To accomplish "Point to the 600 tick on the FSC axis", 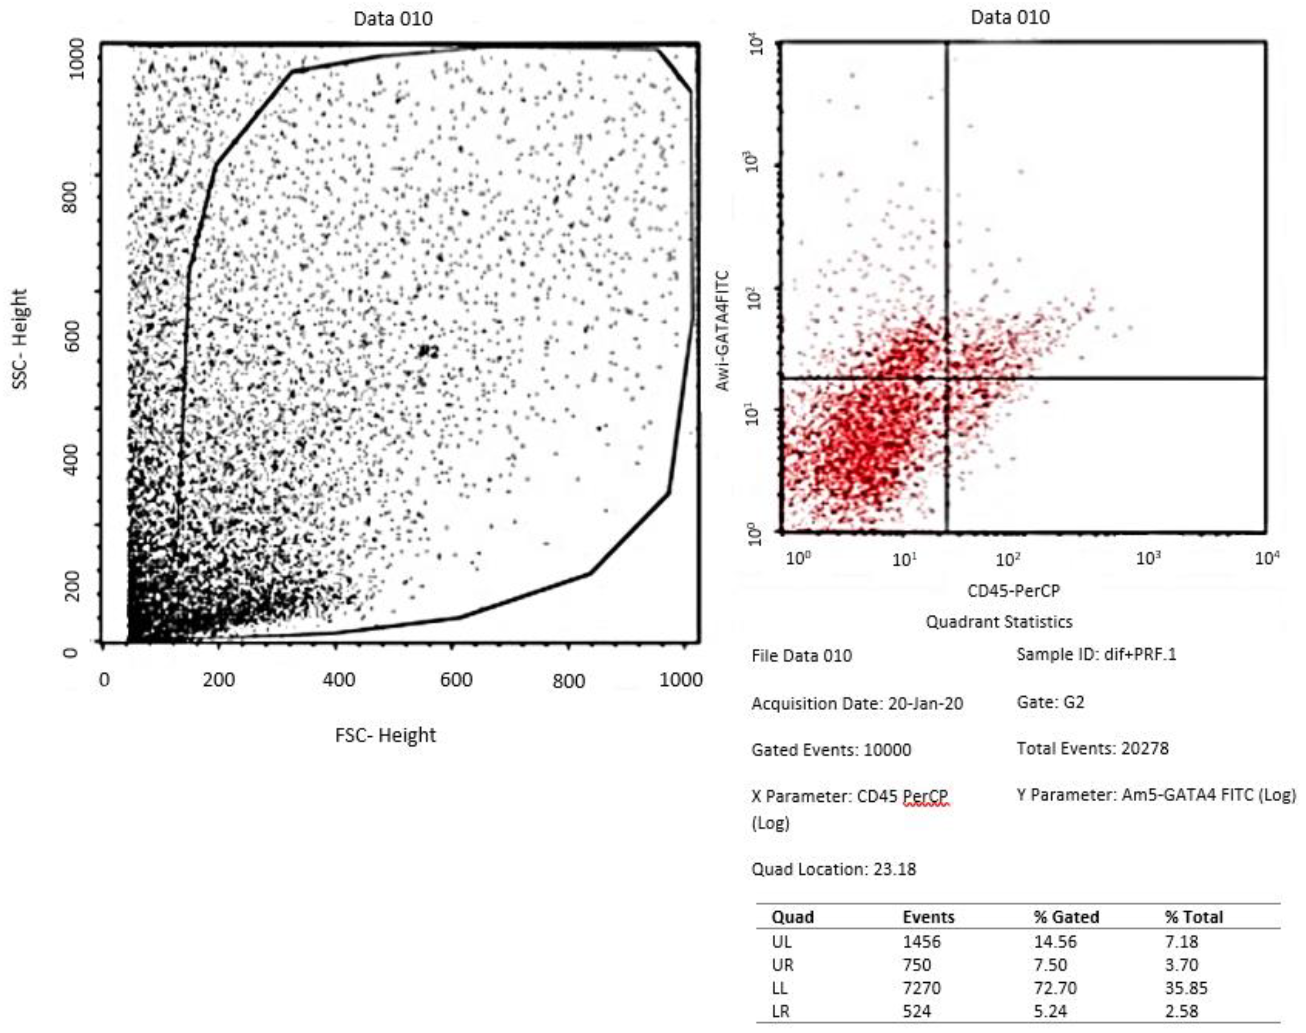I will pyautogui.click(x=456, y=679).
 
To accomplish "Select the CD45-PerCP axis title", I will pyautogui.click(x=1014, y=590).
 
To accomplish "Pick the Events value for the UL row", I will pyautogui.click(x=922, y=942).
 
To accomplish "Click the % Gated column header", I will pyautogui.click(x=1066, y=917).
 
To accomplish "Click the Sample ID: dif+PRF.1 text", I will pyautogui.click(x=1096, y=654).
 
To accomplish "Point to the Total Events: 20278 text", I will pyautogui.click(x=1093, y=749).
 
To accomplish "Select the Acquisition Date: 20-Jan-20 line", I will pyautogui.click(x=857, y=704).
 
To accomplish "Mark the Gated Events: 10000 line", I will pyautogui.click(x=831, y=750).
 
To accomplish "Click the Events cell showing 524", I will pyautogui.click(x=917, y=1011).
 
